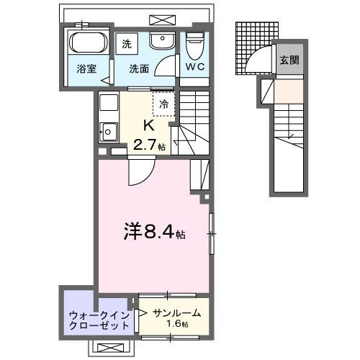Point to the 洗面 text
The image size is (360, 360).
139,70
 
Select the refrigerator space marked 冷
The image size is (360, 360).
163,103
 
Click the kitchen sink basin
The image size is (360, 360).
109,132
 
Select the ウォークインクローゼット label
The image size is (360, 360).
99,320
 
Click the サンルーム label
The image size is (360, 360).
175,313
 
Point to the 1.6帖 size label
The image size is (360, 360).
176,325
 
